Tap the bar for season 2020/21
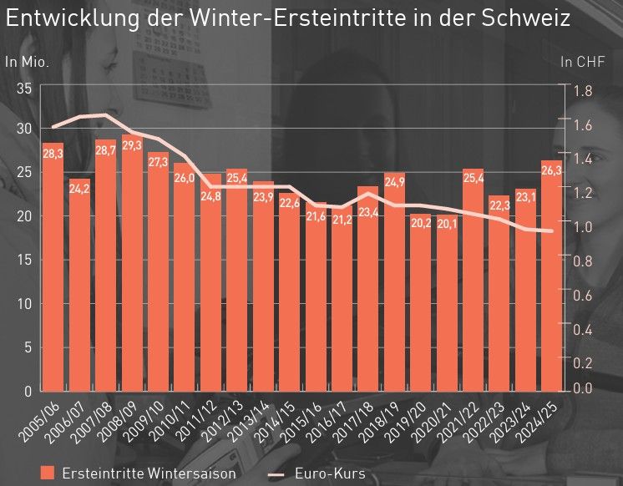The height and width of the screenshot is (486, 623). coord(447,309)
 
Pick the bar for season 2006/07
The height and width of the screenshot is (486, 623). coord(79,292)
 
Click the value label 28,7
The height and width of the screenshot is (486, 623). coord(105,151)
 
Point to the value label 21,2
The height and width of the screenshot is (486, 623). coord(342,220)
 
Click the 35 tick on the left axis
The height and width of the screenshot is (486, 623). coord(24,89)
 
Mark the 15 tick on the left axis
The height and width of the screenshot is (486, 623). coord(24,260)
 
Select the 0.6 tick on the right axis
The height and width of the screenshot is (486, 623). coord(582,295)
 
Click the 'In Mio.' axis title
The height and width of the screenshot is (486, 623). coord(27,61)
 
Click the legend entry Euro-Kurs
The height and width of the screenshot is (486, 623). coord(329,473)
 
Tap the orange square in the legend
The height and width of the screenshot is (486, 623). coord(48,473)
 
